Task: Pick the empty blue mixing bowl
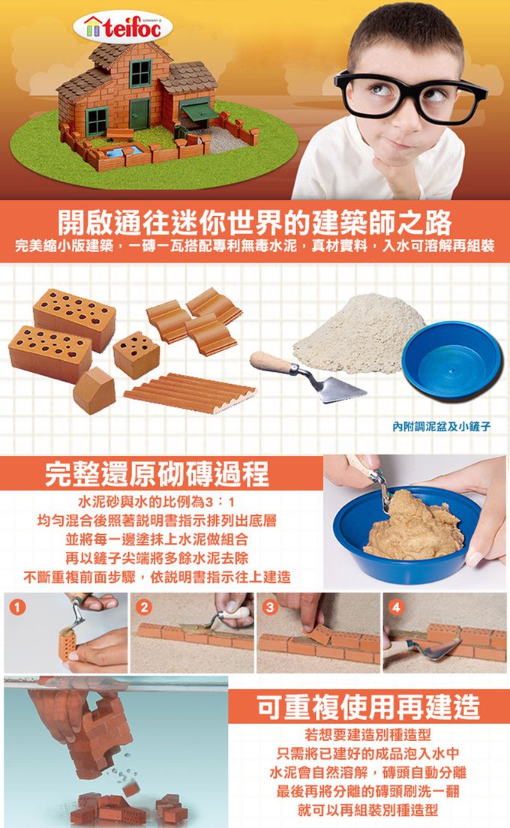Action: pyautogui.click(x=451, y=359)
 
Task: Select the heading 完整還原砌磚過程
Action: pyautogui.click(x=157, y=473)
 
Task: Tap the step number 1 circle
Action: pyautogui.click(x=14, y=605)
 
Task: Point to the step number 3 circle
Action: pyautogui.click(x=268, y=605)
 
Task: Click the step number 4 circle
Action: pyautogui.click(x=394, y=605)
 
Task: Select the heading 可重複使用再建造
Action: pyautogui.click(x=367, y=706)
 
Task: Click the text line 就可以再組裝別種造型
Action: pyautogui.click(x=367, y=811)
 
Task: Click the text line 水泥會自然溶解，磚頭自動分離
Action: pyautogui.click(x=367, y=772)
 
